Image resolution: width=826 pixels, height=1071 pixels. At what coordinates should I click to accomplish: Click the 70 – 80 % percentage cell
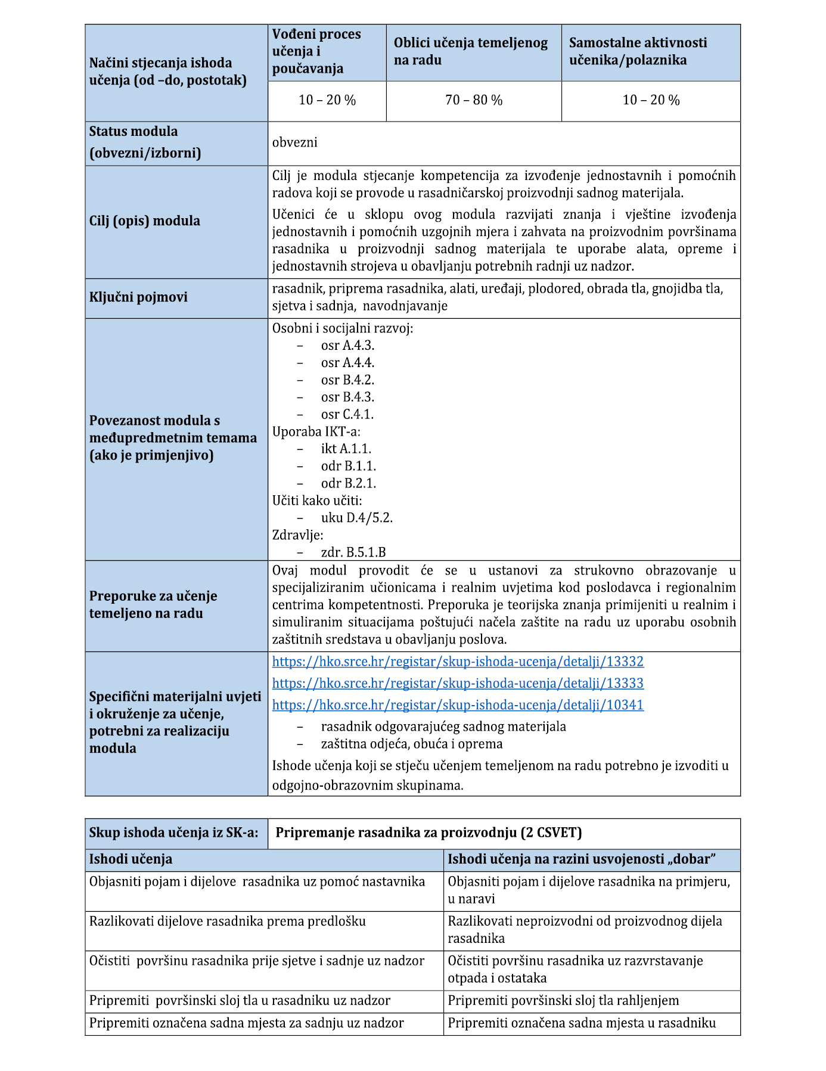click(x=474, y=100)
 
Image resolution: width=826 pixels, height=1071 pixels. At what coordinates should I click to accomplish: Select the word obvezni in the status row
click(x=295, y=142)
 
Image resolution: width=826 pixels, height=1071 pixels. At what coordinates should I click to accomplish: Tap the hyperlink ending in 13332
click(x=458, y=662)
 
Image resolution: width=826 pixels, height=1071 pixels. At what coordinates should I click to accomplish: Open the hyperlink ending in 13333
click(x=458, y=684)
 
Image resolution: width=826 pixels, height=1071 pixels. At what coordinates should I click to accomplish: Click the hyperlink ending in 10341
click(x=458, y=705)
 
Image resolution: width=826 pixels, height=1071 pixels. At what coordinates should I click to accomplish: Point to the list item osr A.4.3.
click(x=347, y=346)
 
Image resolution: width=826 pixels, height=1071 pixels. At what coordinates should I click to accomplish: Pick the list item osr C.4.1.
click(x=347, y=415)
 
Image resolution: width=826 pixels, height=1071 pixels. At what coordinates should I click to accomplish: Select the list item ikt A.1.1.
click(x=346, y=449)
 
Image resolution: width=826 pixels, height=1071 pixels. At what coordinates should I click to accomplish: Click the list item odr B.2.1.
click(x=349, y=483)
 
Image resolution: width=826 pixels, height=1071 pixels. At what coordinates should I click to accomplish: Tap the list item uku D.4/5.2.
click(x=357, y=518)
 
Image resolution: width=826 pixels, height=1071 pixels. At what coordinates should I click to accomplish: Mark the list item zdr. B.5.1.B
click(x=353, y=552)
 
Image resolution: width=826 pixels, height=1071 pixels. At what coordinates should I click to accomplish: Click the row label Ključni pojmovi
click(x=138, y=297)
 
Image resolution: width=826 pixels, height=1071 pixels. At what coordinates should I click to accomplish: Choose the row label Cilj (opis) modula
click(x=145, y=221)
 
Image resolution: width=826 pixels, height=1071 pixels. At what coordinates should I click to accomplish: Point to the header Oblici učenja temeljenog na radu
click(x=470, y=52)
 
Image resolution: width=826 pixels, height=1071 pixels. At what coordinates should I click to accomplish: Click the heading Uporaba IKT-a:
click(x=316, y=431)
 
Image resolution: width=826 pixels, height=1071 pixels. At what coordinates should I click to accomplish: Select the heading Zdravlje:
click(x=297, y=535)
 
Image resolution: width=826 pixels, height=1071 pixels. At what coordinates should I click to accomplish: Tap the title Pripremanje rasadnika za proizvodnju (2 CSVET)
click(x=428, y=833)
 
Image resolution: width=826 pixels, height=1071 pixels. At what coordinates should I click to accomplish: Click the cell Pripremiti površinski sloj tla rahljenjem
click(x=563, y=1001)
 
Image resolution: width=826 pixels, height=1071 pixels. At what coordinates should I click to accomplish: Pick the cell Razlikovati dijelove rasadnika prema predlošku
click(x=228, y=921)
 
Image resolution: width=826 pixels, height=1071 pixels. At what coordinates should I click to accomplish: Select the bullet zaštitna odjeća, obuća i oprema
click(x=412, y=744)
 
